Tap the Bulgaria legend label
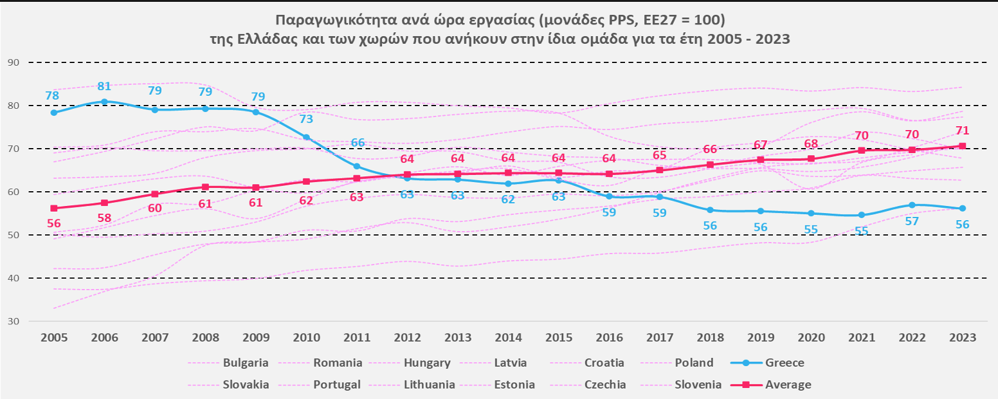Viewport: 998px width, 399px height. click(246, 363)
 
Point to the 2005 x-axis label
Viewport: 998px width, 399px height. click(54, 338)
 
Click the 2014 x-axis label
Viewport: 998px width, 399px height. click(508, 338)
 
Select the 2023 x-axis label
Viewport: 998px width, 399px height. click(962, 338)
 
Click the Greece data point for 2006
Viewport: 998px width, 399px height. click(104, 102)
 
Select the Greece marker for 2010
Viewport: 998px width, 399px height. click(306, 137)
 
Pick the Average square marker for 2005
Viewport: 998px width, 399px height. click(54, 209)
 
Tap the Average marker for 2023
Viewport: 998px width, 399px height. click(962, 145)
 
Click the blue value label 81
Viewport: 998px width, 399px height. click(104, 86)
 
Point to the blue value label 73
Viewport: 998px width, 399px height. click(306, 118)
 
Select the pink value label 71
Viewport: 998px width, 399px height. click(962, 131)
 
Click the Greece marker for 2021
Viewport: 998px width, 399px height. click(861, 215)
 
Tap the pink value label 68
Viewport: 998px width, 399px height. click(811, 143)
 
